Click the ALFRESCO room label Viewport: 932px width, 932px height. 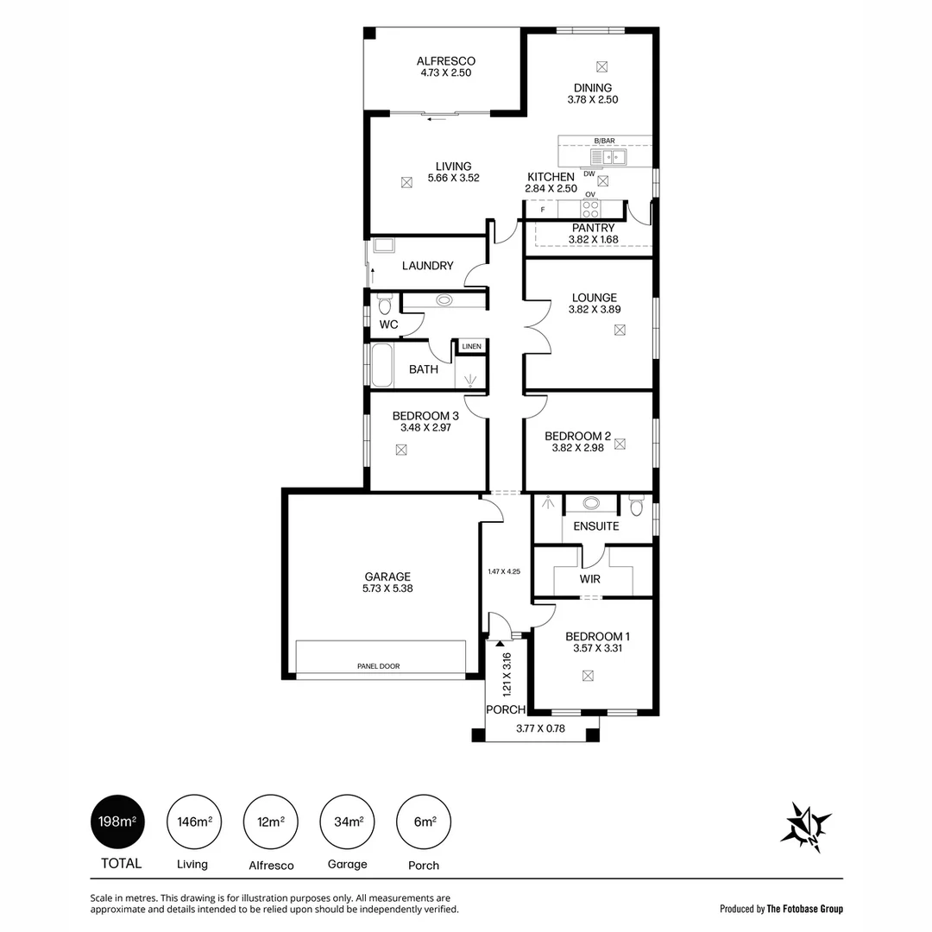pos(445,61)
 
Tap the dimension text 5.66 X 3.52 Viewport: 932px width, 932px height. pos(453,179)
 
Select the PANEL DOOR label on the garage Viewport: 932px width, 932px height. pos(379,666)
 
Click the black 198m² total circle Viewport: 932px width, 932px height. pos(117,822)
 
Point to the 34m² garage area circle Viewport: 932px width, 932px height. pos(347,822)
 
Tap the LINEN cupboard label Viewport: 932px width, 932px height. pos(471,347)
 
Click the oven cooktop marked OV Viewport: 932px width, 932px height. pos(590,208)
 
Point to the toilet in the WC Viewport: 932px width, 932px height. pos(385,305)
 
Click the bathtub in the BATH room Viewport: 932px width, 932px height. pos(380,366)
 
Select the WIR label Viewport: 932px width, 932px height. pos(590,579)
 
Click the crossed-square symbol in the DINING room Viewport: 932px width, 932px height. pos(602,66)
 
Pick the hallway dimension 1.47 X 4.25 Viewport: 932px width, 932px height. pos(504,571)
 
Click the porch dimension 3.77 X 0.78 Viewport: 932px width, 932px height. pos(539,728)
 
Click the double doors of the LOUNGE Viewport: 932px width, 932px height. pos(536,326)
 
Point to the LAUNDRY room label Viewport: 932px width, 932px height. pos(427,266)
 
